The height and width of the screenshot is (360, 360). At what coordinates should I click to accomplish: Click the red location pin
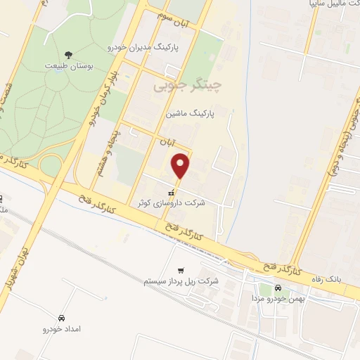tap(181, 165)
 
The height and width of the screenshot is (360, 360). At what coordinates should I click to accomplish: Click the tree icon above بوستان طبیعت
tap(68, 54)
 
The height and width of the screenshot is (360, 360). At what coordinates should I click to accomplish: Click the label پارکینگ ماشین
tap(190, 112)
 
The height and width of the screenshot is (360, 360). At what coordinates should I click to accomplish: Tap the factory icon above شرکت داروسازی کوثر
tap(171, 191)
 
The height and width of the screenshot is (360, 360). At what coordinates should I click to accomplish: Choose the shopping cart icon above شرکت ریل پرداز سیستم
tap(181, 270)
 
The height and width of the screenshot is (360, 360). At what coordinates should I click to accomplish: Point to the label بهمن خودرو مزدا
tap(276, 299)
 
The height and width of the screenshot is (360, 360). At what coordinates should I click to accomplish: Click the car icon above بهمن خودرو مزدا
tap(278, 288)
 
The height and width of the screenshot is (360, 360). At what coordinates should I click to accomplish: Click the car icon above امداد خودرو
tap(63, 318)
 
